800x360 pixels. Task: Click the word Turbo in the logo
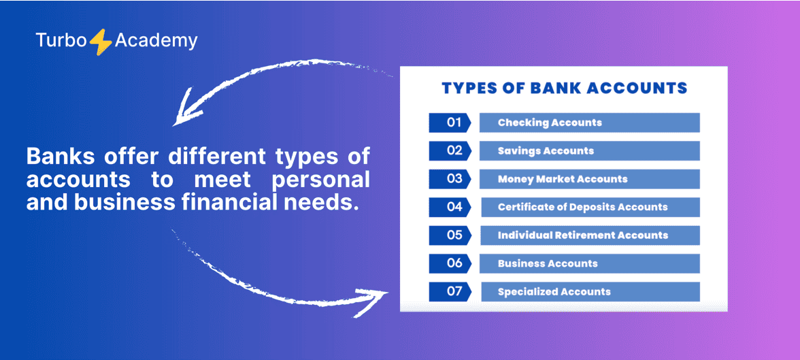[62, 40]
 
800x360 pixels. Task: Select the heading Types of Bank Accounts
[564, 88]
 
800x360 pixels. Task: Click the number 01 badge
[450, 122]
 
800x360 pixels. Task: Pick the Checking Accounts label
[550, 122]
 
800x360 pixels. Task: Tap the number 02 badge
[450, 150]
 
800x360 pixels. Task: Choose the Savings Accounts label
[546, 150]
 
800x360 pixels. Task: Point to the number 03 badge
[450, 179]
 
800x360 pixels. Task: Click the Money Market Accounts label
[562, 179]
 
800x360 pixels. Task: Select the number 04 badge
[450, 207]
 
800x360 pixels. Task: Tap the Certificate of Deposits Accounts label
[582, 208]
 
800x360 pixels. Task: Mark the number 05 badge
[450, 235]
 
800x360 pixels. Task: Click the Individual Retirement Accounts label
[582, 235]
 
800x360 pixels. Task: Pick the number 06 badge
[450, 263]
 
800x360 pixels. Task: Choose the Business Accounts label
[548, 263]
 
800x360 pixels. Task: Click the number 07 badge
[450, 291]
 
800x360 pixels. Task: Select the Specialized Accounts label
[554, 292]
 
